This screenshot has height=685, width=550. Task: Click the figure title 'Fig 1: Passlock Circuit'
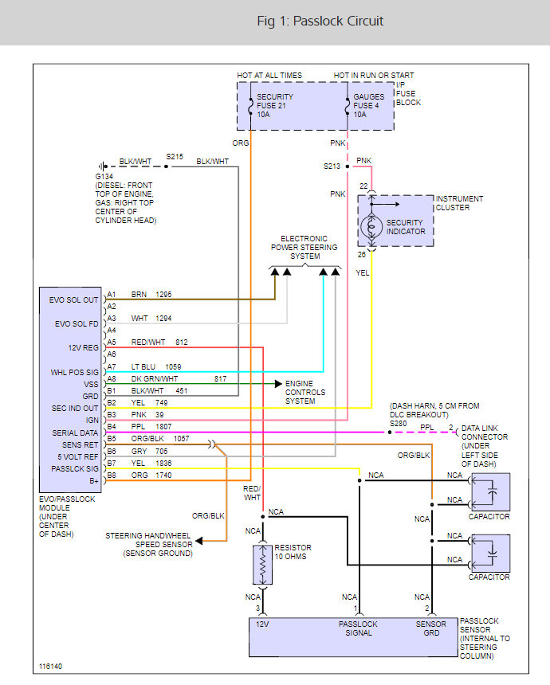(320, 22)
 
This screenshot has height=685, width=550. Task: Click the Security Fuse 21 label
(276, 105)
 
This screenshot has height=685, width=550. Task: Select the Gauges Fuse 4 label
(369, 105)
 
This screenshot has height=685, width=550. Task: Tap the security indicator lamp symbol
(371, 226)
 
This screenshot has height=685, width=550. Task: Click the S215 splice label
(175, 156)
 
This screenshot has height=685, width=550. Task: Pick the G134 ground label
(104, 178)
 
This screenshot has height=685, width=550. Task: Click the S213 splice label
(332, 166)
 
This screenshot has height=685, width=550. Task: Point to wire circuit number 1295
(165, 294)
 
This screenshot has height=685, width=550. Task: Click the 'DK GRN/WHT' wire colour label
(155, 379)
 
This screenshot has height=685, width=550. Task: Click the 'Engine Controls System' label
(305, 392)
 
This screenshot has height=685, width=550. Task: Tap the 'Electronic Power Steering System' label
(304, 247)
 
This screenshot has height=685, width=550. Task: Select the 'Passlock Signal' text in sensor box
(358, 629)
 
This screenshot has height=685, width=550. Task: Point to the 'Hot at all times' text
(269, 76)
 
